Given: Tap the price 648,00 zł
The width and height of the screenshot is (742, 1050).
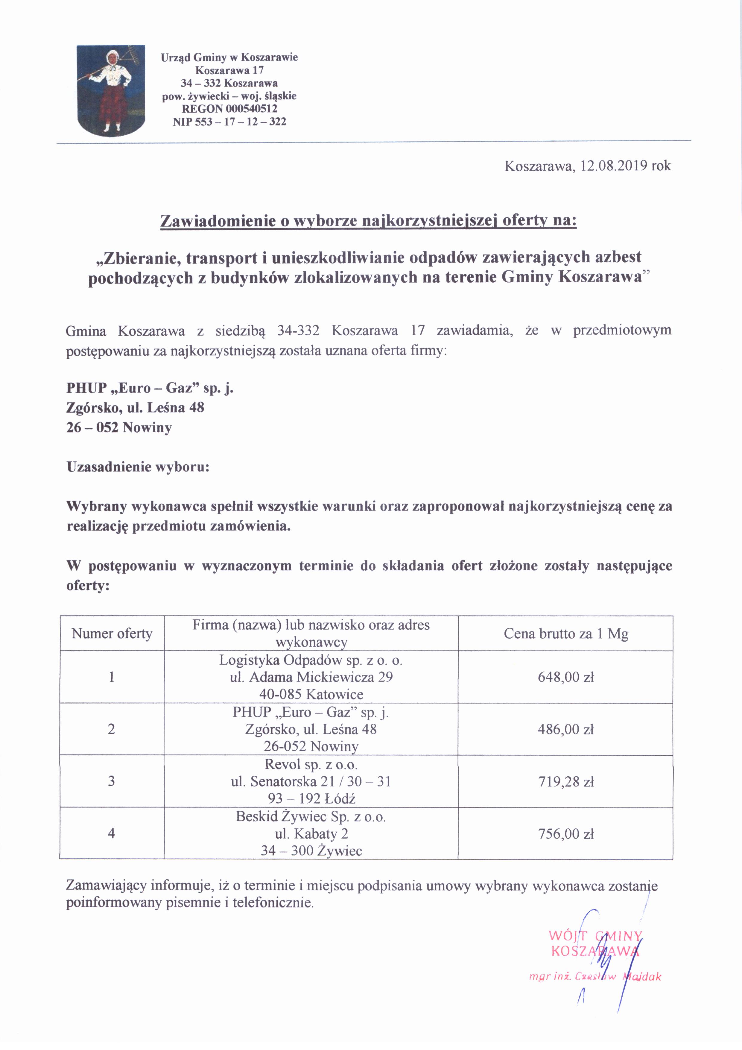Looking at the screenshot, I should point(566,677).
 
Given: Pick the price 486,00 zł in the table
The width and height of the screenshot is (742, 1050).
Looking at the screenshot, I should point(566,729).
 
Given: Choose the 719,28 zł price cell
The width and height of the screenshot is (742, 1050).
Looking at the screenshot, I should point(566,781).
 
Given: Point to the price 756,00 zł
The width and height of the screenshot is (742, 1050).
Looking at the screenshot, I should point(566,834).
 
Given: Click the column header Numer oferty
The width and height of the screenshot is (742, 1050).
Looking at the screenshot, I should point(112,634).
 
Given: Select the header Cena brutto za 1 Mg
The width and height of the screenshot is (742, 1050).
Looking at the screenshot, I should point(566,634).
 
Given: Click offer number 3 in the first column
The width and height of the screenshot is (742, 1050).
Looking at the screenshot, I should point(112,781).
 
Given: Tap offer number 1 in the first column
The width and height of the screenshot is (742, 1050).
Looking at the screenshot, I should point(112,677).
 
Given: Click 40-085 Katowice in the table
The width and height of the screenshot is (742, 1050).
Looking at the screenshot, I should point(311,694).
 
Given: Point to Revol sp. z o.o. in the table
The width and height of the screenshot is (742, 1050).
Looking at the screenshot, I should point(311,764).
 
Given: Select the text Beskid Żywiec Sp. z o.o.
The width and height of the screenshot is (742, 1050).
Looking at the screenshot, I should point(311,817).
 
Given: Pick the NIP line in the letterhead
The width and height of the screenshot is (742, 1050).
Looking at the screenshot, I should point(229,122).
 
